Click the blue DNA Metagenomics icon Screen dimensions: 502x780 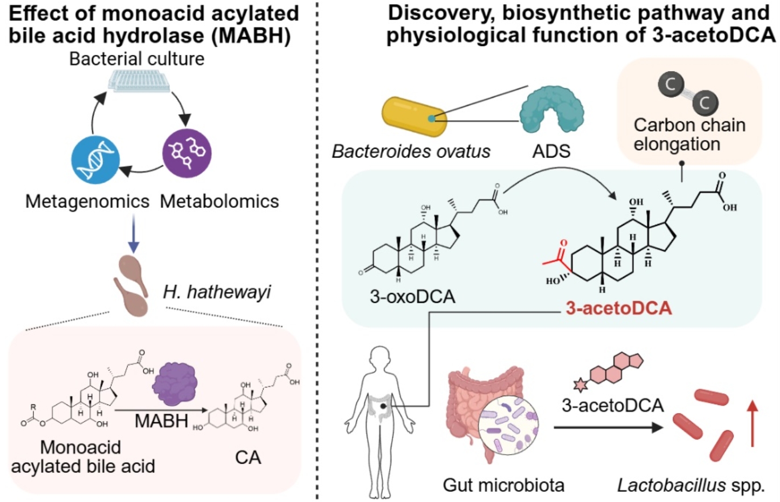click(x=95, y=160)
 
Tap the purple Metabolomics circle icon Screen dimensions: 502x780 click(x=187, y=153)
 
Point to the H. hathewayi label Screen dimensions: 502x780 click(x=217, y=292)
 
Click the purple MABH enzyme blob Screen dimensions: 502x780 click(x=175, y=384)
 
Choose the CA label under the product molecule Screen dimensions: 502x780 click(x=248, y=457)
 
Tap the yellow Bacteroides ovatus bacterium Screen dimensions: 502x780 click(x=414, y=116)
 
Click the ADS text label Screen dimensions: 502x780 click(x=551, y=151)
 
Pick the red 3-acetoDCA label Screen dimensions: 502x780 click(x=618, y=308)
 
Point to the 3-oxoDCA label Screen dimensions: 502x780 click(x=412, y=296)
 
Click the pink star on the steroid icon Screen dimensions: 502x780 click(x=581, y=385)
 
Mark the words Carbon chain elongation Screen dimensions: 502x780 click(x=689, y=135)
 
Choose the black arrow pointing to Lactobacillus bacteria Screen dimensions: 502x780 click(x=608, y=428)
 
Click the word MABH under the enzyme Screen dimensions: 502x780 click(x=161, y=421)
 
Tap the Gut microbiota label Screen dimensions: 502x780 click(x=503, y=485)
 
